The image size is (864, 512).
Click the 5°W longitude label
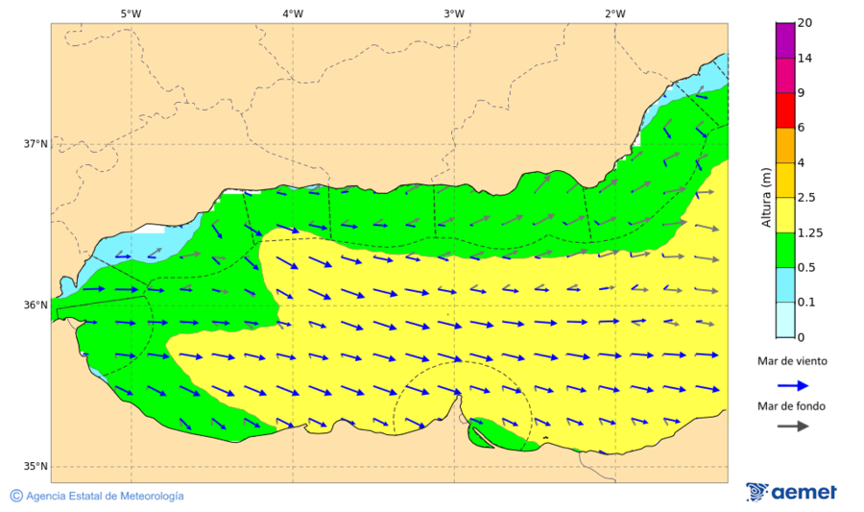click(132, 13)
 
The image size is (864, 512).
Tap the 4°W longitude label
click(293, 13)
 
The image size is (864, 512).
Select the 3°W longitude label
click(454, 13)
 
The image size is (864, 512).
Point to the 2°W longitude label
click(615, 13)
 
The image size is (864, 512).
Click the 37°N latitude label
click(36, 144)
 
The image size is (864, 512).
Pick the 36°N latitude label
click(36, 305)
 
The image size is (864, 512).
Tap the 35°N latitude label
click(36, 467)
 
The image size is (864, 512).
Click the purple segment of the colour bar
click(784, 40)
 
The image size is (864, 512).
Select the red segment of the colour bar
click(784, 110)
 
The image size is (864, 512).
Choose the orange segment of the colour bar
click(784, 145)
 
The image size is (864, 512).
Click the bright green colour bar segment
click(784, 250)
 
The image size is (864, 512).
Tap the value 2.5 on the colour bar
click(807, 198)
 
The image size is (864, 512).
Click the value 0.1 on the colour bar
click(806, 303)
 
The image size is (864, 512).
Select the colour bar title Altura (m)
click(766, 198)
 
